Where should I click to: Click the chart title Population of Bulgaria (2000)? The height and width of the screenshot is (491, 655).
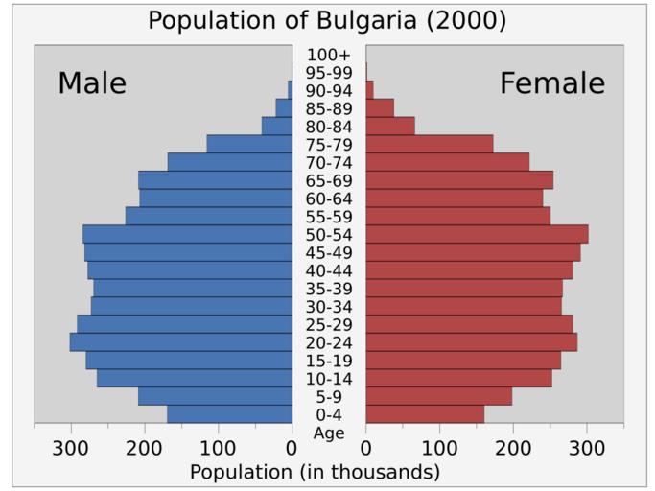click(327, 20)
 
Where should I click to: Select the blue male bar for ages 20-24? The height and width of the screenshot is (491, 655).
click(181, 342)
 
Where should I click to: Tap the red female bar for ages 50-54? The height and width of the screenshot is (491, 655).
click(477, 234)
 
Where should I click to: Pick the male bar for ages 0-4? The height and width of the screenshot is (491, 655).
click(229, 414)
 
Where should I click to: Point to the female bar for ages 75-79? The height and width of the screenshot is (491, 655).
click(429, 144)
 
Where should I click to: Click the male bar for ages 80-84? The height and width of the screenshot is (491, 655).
click(277, 126)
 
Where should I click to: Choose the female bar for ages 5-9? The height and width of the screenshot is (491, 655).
click(438, 396)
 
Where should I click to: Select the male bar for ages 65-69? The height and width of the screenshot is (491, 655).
click(215, 180)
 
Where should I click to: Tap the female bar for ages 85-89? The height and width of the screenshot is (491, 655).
click(380, 107)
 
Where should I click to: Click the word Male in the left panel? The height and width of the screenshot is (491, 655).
click(92, 83)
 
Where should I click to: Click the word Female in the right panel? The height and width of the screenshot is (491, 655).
click(552, 83)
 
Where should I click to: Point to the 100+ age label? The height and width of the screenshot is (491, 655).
click(329, 55)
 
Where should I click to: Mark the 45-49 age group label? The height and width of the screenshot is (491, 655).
click(329, 253)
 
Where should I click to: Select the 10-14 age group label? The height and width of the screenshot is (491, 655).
click(329, 379)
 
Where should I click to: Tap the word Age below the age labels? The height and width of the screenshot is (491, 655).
click(329, 433)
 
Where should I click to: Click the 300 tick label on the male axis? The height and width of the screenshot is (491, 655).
click(70, 448)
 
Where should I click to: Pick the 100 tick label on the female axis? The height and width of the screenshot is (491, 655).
click(439, 448)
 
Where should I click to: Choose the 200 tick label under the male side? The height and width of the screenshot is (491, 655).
click(144, 448)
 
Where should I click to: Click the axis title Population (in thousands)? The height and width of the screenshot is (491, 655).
click(315, 472)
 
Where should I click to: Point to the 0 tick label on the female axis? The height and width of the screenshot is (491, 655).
click(365, 448)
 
